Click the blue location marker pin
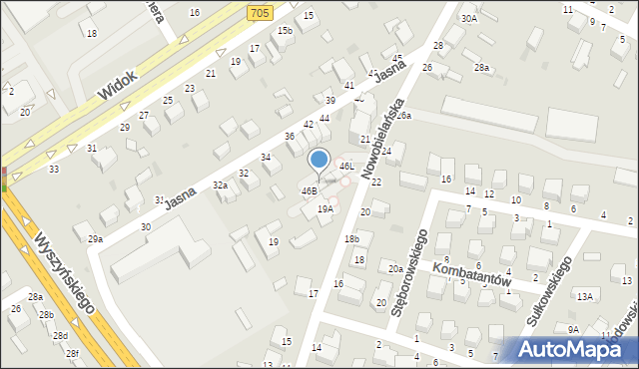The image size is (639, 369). tap(319, 161)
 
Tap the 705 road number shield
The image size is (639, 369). tap(260, 13)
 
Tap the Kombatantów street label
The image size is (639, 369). tap(472, 274)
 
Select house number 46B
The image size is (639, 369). tap(310, 190)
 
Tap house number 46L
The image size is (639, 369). tap(346, 166)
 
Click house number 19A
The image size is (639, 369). tap(325, 209)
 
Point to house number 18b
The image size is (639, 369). tap(351, 239)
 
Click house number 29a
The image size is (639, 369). tap(95, 239)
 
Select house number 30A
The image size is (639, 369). tap(468, 18)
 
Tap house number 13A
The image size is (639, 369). tap(584, 296)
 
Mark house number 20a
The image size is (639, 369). tap(395, 269)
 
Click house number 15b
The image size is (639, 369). tap(286, 31)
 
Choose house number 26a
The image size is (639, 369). tap(402, 116)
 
